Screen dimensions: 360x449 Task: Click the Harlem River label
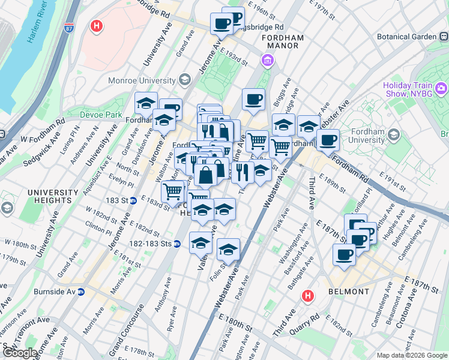click(41, 30)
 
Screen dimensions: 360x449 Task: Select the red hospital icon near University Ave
click(96, 26)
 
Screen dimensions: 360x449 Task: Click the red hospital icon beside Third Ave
click(307, 296)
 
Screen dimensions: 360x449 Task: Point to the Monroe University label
click(142, 80)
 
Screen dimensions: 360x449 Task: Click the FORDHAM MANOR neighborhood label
click(283, 43)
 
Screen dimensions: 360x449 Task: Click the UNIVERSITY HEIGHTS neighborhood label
click(53, 197)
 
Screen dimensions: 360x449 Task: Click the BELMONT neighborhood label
click(349, 292)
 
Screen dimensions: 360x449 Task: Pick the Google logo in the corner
click(20, 353)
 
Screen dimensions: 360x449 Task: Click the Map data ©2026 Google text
click(411, 355)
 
